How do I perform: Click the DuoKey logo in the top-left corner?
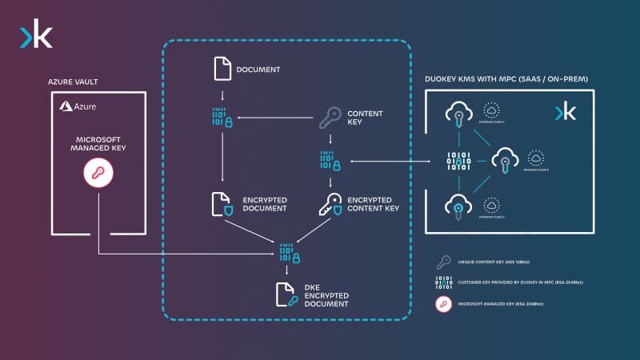click(36, 37)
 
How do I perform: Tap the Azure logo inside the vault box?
click(77, 106)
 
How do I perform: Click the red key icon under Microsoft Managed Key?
click(98, 173)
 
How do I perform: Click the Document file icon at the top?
click(222, 69)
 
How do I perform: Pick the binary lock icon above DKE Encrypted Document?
click(289, 252)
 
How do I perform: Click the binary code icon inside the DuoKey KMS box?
click(458, 162)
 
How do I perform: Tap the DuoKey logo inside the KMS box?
click(565, 112)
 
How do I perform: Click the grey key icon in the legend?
click(442, 262)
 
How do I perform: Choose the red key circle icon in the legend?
click(442, 305)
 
